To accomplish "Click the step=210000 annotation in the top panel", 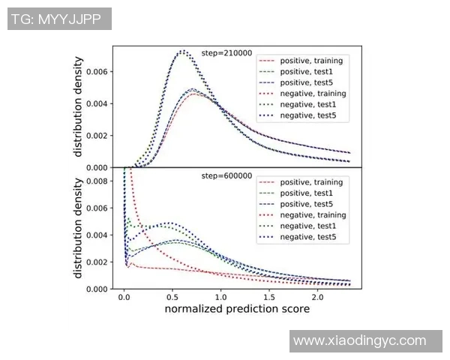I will pyautogui.click(x=226, y=53).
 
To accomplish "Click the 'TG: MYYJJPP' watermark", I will pyautogui.click(x=59, y=18).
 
